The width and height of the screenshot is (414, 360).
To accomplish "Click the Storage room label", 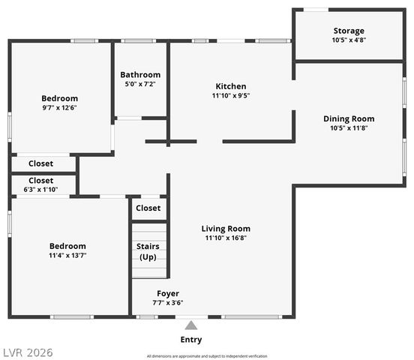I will click(x=349, y=31).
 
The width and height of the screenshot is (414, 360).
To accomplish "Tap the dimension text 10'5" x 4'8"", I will click(x=349, y=40).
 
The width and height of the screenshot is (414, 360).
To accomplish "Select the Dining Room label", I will click(x=349, y=118).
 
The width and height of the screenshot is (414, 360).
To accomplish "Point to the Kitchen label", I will click(x=230, y=86).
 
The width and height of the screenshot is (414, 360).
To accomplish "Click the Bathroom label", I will click(x=140, y=75).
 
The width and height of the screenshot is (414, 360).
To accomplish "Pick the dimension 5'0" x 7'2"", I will click(x=140, y=85).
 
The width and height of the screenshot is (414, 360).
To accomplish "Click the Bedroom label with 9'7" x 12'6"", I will click(x=59, y=98).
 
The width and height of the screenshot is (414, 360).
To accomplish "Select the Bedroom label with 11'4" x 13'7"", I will click(x=67, y=246).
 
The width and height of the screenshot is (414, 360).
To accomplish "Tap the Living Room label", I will click(x=226, y=229).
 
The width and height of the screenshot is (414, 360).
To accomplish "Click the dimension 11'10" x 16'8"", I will click(x=226, y=238).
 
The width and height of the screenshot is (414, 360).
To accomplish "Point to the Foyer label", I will click(x=168, y=293).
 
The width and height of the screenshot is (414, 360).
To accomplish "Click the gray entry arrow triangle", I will click(x=191, y=325).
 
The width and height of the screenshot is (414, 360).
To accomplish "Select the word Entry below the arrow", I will click(x=191, y=340).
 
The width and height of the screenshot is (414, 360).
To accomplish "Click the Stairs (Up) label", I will click(x=148, y=251).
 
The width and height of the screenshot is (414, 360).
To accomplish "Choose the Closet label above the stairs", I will click(x=148, y=208).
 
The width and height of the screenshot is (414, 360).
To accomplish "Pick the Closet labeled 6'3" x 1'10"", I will click(x=40, y=181).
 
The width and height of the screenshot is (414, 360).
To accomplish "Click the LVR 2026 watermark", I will click(x=27, y=352).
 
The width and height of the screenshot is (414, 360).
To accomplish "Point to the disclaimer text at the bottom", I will click(x=206, y=355).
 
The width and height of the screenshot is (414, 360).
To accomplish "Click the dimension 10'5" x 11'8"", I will click(x=349, y=128).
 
